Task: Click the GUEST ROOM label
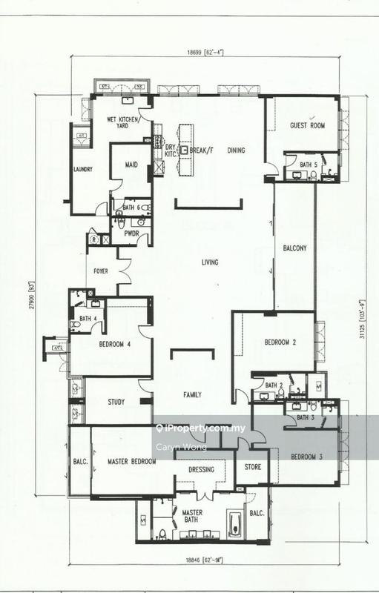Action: coord(307,126)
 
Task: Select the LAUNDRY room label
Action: coord(82,169)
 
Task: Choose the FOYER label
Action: coord(100,271)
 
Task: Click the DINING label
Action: coord(236,150)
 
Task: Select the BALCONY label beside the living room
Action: coord(294,248)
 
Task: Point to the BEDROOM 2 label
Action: coord(280,342)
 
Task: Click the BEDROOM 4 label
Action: coord(115,344)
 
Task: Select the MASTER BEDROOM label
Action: coord(131,461)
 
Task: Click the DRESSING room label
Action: coord(201,469)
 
